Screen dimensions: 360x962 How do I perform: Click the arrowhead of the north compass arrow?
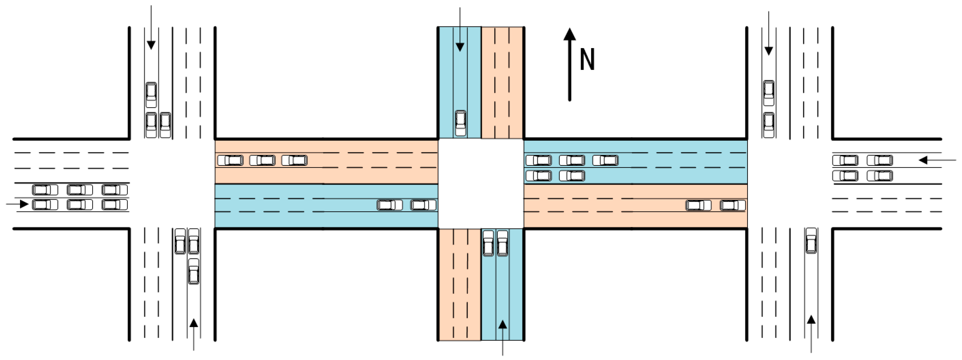point(569,34)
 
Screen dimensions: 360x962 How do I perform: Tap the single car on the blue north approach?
point(460,123)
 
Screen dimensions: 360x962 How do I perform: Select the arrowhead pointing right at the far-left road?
point(24,204)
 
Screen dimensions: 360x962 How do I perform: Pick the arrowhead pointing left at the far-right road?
point(923,160)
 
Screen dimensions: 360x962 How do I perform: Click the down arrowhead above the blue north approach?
point(460,47)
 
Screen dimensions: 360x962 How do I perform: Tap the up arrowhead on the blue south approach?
point(503,324)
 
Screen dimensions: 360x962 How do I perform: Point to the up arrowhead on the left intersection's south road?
point(194,323)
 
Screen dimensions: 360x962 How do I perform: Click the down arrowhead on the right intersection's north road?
point(768,51)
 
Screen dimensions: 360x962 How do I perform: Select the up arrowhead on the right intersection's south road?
point(811,320)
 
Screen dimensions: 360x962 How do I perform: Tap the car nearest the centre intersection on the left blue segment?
point(423,205)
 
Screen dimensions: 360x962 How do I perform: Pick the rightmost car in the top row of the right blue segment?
point(605,160)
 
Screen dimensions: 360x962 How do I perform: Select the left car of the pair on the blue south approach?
point(488,243)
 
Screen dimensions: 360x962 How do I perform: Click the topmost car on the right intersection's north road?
point(768,93)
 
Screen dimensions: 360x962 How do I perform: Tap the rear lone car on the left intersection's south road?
point(194,271)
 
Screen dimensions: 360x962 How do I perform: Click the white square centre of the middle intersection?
point(481,183)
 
